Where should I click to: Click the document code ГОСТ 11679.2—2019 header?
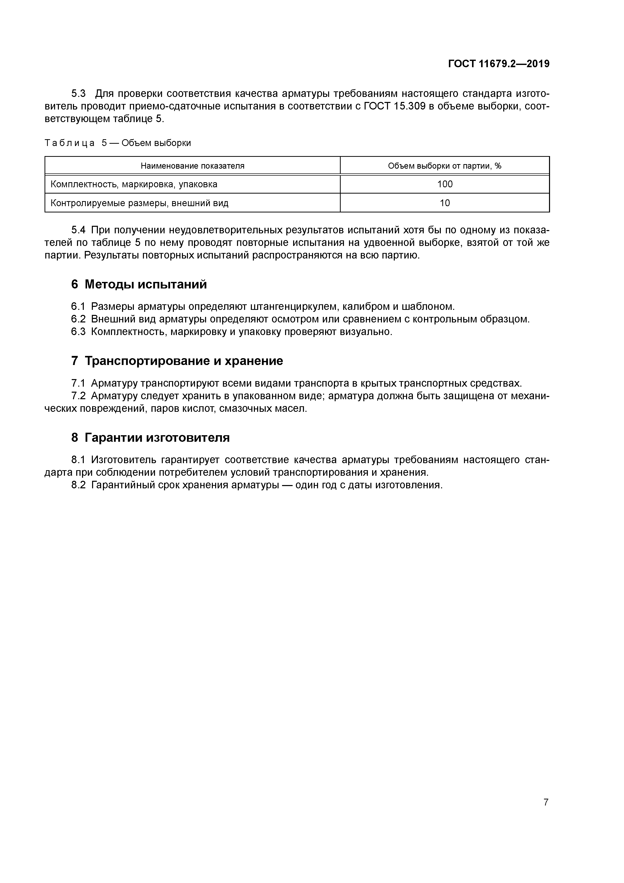coord(499,64)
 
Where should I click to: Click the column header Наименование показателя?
coord(192,166)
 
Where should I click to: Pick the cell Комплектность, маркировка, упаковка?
coord(134,184)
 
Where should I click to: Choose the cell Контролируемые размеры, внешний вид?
coord(139,203)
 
